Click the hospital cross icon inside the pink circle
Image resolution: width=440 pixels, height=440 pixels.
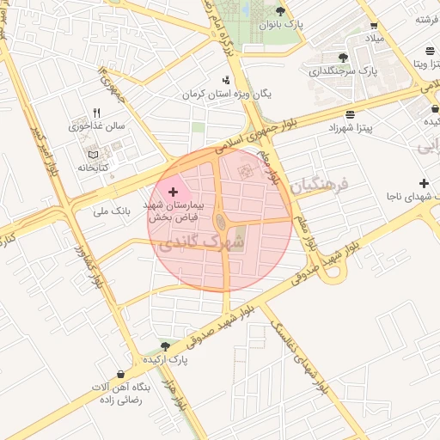click(174, 191)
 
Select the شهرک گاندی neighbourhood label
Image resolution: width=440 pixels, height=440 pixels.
click(201, 243)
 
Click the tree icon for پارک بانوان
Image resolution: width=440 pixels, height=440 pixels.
click(280, 11)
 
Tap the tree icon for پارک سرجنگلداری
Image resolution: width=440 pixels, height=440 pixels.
click(344, 57)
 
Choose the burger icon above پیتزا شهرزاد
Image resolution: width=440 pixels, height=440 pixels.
click(350, 114)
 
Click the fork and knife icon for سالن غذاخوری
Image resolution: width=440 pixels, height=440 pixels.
click(96, 113)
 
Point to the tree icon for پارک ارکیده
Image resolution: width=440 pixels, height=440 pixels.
click(165, 345)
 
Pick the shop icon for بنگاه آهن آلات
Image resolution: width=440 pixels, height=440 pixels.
click(119, 375)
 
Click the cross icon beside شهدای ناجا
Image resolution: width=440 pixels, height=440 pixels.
click(424, 183)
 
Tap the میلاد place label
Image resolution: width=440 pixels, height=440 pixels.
click(379, 40)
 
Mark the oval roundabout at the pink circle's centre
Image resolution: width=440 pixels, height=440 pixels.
click(221, 223)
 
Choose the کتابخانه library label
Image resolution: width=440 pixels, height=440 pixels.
click(93, 167)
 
